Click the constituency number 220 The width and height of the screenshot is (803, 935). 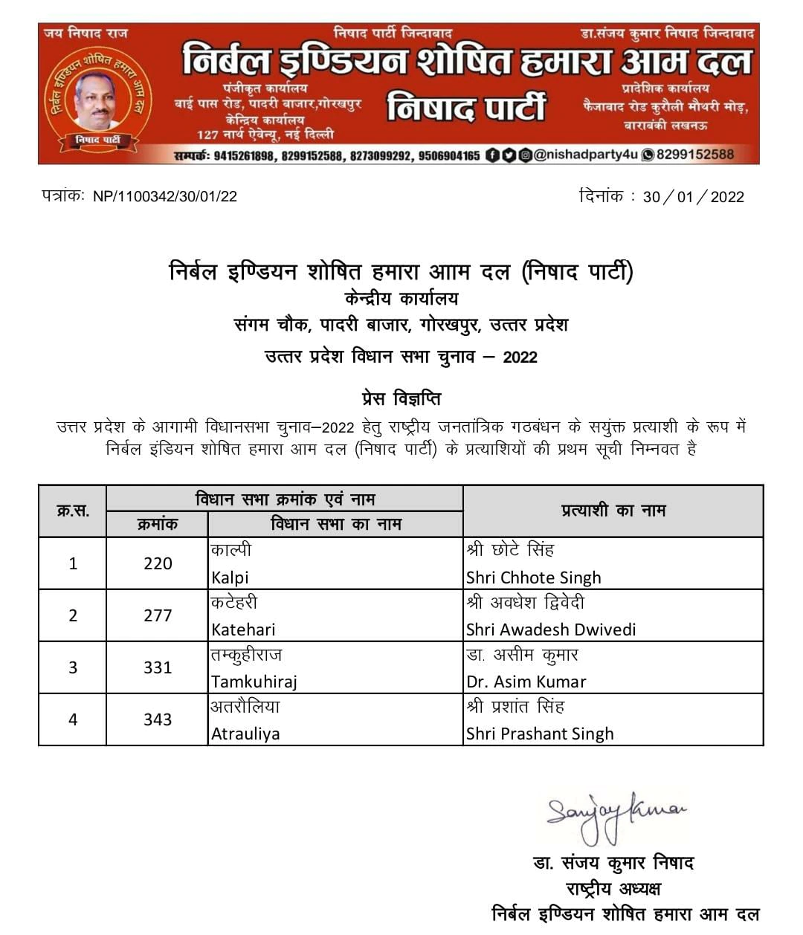click(x=158, y=563)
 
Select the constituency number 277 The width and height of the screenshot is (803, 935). click(x=158, y=615)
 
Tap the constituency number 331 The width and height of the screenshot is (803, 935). click(x=158, y=667)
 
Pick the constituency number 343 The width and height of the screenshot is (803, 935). click(x=158, y=719)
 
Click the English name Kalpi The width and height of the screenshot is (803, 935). click(x=230, y=577)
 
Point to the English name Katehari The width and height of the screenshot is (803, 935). click(x=243, y=630)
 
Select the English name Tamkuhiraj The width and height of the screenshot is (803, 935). click(x=254, y=682)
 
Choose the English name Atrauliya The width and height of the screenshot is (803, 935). click(x=245, y=734)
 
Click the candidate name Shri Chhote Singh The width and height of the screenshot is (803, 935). click(x=533, y=577)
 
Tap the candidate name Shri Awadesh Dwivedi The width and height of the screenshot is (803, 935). click(x=551, y=630)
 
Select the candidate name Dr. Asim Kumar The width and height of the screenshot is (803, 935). click(x=526, y=682)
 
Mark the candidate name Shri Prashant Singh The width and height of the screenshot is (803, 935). click(x=540, y=734)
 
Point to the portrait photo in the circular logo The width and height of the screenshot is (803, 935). click(x=97, y=100)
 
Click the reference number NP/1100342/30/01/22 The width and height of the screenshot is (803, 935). click(x=165, y=196)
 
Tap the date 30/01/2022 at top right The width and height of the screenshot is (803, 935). click(x=693, y=196)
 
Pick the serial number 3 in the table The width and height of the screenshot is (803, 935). click(x=73, y=667)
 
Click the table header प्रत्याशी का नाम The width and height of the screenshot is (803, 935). click(x=613, y=511)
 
